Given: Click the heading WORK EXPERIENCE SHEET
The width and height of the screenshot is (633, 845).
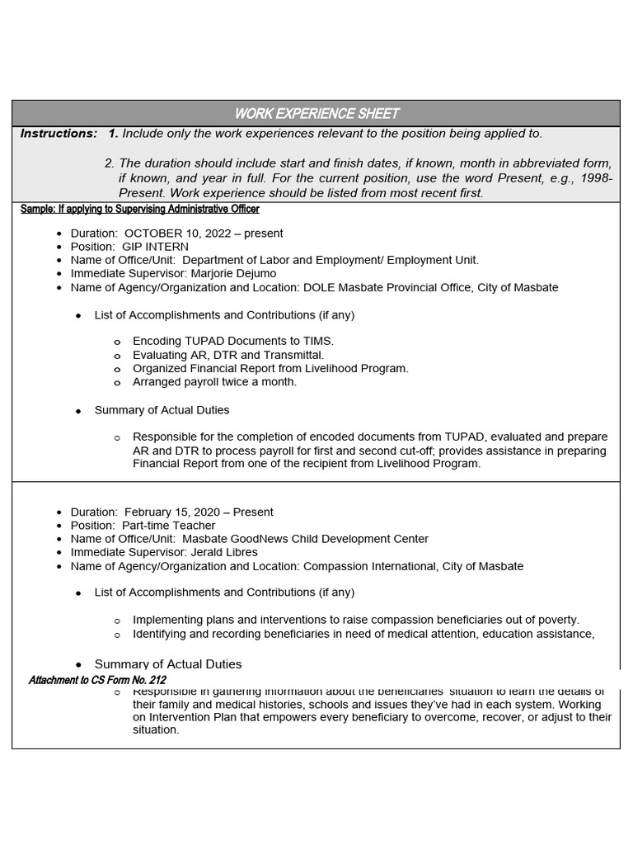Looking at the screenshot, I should [x=316, y=113].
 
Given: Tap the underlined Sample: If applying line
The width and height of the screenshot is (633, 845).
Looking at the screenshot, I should [x=139, y=209].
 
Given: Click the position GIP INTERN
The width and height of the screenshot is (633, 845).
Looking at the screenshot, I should [x=155, y=247].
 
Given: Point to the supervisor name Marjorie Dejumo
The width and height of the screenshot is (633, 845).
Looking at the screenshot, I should [x=233, y=273].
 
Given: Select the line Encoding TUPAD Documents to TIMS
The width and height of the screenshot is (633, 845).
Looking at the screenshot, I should [x=233, y=341].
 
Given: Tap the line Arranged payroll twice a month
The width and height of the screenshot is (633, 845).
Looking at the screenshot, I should [x=214, y=382].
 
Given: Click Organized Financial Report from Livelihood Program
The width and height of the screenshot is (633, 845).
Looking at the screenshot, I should [x=270, y=368].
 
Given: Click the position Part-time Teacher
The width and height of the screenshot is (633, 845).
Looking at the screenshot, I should [x=168, y=525].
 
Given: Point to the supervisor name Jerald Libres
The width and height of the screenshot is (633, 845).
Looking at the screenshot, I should [x=224, y=551].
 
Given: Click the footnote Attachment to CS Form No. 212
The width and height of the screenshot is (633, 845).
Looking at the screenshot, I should [x=97, y=680].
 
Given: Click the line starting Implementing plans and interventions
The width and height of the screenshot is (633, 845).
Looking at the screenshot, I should [x=356, y=619].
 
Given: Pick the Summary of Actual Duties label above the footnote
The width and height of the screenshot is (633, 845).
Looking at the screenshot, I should [x=168, y=664].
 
